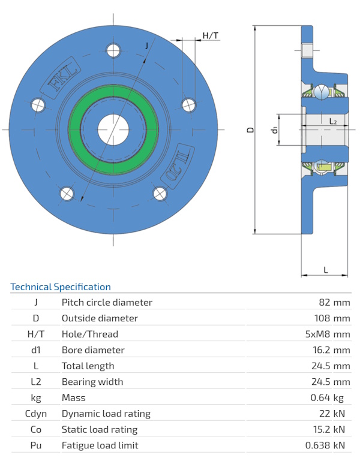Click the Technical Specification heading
click(x=61, y=287)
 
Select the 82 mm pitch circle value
click(x=334, y=303)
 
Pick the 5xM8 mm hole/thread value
click(x=328, y=335)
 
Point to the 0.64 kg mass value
click(x=331, y=397)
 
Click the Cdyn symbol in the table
click(x=36, y=414)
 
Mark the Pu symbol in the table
click(x=36, y=445)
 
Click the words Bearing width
click(x=92, y=382)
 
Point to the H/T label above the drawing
click(x=210, y=36)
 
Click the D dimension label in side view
click(x=251, y=129)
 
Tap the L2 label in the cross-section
click(x=333, y=122)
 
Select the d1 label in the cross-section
click(x=274, y=129)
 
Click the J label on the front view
click(x=148, y=46)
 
